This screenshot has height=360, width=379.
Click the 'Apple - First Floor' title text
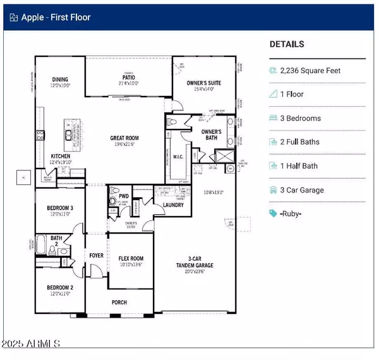pyautogui.click(x=56, y=17)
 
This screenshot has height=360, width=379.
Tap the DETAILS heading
pyautogui.click(x=287, y=45)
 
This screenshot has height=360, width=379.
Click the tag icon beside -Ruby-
pyautogui.click(x=273, y=213)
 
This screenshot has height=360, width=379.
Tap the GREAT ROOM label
pyautogui.click(x=124, y=138)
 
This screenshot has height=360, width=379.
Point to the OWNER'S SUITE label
pyautogui.click(x=203, y=82)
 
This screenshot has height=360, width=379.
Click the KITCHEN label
pyautogui.click(x=61, y=155)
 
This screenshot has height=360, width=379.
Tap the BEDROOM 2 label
pyautogui.click(x=60, y=287)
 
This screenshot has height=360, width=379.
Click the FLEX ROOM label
pyautogui.click(x=131, y=258)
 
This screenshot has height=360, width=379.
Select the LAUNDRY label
pyautogui.click(x=173, y=205)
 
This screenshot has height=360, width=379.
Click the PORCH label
pyautogui.click(x=119, y=303)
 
